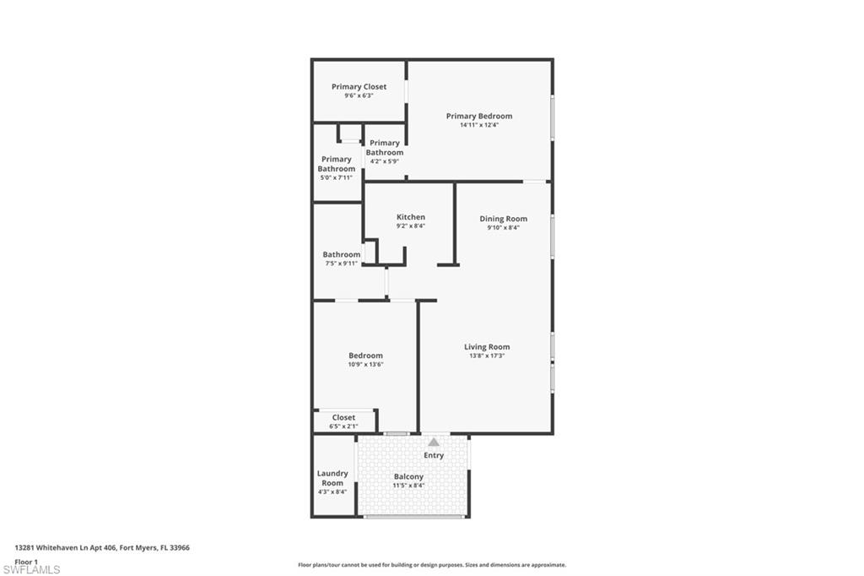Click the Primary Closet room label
point(359,87)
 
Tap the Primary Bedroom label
point(478,117)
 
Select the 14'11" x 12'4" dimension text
point(478,125)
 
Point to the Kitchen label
point(411,217)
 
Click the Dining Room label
point(503,219)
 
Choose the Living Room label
point(487,347)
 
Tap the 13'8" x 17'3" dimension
point(487,356)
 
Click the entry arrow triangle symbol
point(434,442)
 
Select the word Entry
point(434,455)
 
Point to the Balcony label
point(408,477)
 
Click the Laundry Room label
point(332,478)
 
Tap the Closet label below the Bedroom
point(343,417)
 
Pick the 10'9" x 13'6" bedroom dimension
point(365,364)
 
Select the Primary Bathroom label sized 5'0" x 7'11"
point(336,164)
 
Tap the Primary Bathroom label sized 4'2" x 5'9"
point(385,148)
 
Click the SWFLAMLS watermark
point(31,569)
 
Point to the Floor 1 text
point(27,561)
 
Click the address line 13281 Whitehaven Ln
point(102,547)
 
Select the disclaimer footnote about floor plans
point(431,565)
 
